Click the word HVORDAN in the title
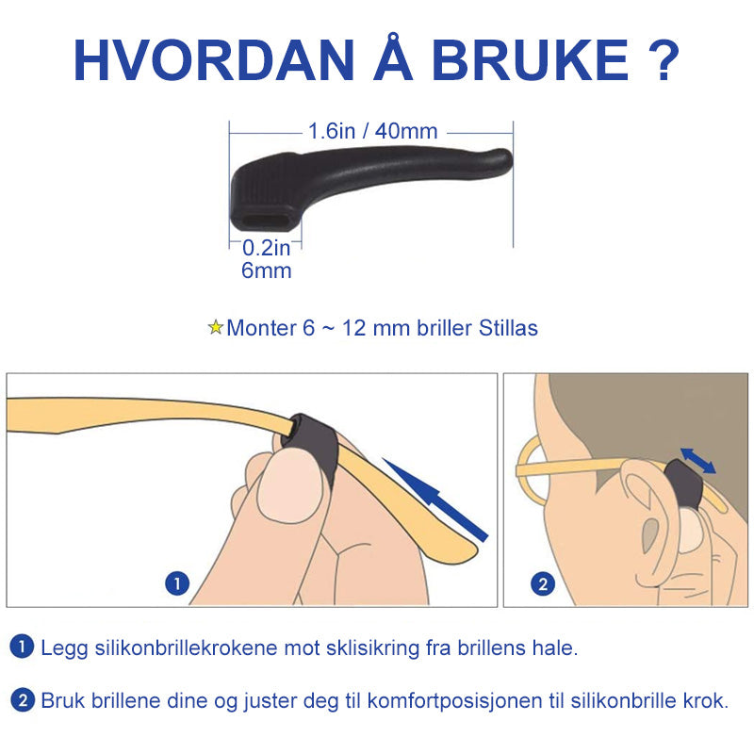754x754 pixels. pyautogui.click(x=215, y=59)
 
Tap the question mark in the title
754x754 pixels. pyautogui.click(x=662, y=59)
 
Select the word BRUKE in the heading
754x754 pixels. pyautogui.click(x=530, y=59)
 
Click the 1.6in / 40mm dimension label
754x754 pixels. pyautogui.click(x=372, y=131)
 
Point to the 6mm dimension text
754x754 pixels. pyautogui.click(x=267, y=270)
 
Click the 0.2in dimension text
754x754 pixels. pyautogui.click(x=267, y=248)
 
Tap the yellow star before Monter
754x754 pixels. pyautogui.click(x=216, y=327)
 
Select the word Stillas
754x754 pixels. pyautogui.click(x=508, y=328)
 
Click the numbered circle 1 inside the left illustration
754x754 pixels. pyautogui.click(x=177, y=583)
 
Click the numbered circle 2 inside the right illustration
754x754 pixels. pyautogui.click(x=543, y=584)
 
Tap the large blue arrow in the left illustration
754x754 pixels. pyautogui.click(x=435, y=500)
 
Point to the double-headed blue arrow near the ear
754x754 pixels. pyautogui.click(x=697, y=461)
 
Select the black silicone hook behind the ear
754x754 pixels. pyautogui.click(x=682, y=484)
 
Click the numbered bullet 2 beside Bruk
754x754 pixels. pyautogui.click(x=22, y=700)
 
